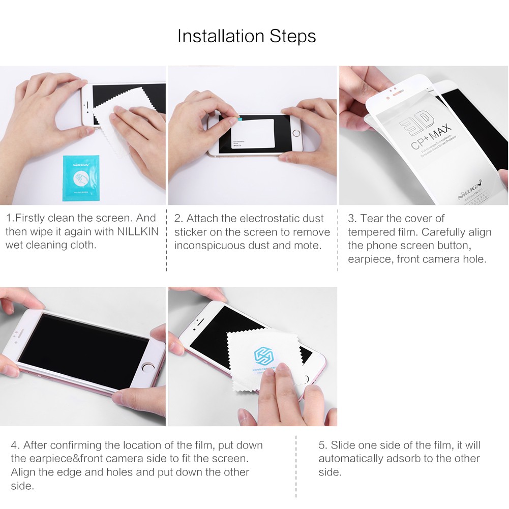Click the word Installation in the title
221,37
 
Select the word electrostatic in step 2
275,219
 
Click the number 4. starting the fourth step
15,445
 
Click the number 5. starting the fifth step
323,445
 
